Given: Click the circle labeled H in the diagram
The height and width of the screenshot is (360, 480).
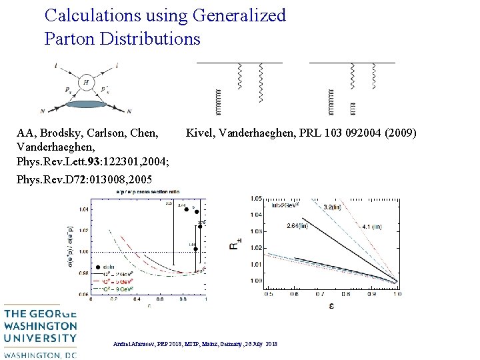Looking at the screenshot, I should click(86, 82).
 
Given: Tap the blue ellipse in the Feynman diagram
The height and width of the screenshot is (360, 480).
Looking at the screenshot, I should click(87, 104).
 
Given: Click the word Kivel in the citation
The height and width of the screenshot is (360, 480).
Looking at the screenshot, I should click(202, 134).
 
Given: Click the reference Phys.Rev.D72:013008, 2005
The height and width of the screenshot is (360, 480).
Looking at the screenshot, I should click(84, 179).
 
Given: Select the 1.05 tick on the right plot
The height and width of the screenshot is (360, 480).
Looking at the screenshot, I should click(256, 199).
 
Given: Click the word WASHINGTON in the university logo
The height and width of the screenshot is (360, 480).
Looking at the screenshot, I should click(41, 327).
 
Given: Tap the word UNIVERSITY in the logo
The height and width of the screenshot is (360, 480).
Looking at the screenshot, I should click(41, 339).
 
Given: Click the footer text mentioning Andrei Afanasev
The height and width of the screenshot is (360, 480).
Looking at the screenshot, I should click(196, 343).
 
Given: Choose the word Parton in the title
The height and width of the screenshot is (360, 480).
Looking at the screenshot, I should click(70, 39).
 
